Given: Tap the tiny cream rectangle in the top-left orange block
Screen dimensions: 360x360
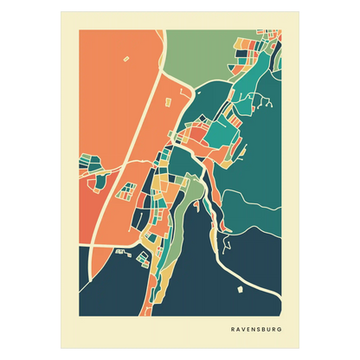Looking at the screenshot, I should pyautogui.click(x=125, y=59).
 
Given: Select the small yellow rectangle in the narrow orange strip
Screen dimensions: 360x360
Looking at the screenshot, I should pyautogui.click(x=163, y=99).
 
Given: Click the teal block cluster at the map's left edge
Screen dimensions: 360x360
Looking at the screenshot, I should pyautogui.click(x=87, y=162).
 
